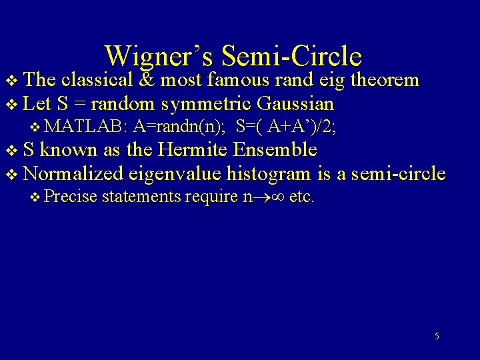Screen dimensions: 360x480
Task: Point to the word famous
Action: click(x=238, y=81)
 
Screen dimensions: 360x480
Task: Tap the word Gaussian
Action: click(x=295, y=105)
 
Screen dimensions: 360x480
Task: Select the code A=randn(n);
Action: click(x=178, y=127)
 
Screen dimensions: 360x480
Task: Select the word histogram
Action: click(x=269, y=174)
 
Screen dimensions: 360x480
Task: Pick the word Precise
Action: click(x=72, y=197)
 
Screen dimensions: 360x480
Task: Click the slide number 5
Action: click(x=437, y=336)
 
